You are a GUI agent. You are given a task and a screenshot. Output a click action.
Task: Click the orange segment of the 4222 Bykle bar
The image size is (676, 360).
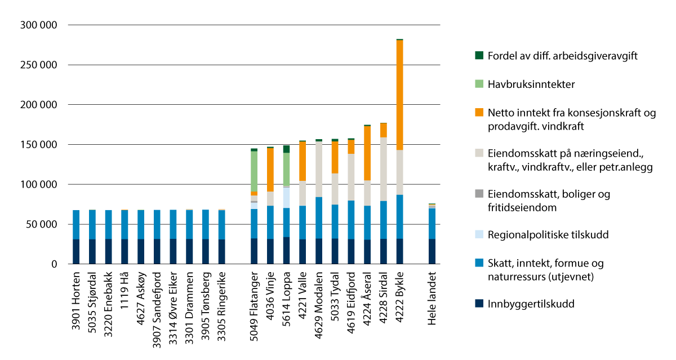(x=399, y=96)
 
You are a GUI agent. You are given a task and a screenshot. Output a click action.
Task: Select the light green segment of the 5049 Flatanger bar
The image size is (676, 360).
(x=254, y=171)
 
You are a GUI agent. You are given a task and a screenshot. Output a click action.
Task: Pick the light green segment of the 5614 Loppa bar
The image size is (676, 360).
(x=287, y=169)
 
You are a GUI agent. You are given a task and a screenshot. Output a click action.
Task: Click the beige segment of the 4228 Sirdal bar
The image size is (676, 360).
(x=383, y=169)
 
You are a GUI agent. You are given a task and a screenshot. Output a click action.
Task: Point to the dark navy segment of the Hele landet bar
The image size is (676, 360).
(x=432, y=251)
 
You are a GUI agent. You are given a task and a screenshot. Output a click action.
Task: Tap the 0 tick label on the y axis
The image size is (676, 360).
(x=54, y=264)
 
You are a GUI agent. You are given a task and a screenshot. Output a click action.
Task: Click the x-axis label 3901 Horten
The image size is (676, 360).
(x=76, y=299)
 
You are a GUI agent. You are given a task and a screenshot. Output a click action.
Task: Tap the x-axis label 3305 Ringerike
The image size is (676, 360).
(x=222, y=303)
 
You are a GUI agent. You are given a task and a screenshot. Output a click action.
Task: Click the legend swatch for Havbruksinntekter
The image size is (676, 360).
(x=479, y=84)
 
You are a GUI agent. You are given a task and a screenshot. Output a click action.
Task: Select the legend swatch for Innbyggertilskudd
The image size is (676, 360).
(x=479, y=304)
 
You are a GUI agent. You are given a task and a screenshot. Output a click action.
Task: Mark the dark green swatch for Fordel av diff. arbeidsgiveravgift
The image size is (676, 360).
(x=479, y=55)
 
